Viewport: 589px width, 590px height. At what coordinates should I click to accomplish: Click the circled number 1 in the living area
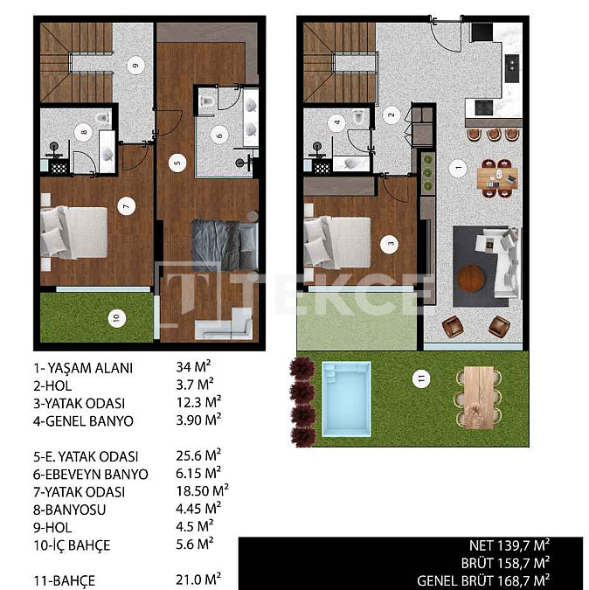[x=458, y=168]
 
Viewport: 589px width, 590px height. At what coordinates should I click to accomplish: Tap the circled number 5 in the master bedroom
[x=177, y=163]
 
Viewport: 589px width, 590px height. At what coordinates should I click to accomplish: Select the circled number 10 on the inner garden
[x=116, y=318]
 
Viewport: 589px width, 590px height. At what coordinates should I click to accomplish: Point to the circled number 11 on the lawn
[x=421, y=378]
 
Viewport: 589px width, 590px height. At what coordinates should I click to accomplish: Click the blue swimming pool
[x=346, y=399]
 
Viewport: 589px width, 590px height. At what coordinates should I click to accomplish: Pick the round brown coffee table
[x=470, y=279]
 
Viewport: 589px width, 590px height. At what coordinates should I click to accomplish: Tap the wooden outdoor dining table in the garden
[x=479, y=398]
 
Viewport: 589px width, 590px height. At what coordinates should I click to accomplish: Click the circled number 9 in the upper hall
[x=135, y=65]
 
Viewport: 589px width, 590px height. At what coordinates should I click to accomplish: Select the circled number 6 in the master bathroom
[x=219, y=135]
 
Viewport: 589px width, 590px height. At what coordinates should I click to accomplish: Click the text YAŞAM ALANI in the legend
[x=89, y=368]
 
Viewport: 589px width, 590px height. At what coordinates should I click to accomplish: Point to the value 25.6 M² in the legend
[x=198, y=455]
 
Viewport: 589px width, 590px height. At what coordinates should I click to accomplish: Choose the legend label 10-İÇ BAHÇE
[x=72, y=545]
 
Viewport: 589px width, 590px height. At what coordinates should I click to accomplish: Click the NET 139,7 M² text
[x=509, y=545]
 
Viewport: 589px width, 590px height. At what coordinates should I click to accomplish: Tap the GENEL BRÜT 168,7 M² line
[x=483, y=580]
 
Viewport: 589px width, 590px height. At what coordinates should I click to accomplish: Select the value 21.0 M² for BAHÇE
[x=198, y=580]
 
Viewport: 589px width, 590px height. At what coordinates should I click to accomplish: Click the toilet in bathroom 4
[x=359, y=116]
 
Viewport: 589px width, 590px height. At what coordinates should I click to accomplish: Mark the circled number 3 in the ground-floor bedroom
[x=389, y=244]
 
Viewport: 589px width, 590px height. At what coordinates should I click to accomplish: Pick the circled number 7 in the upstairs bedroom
[x=127, y=205]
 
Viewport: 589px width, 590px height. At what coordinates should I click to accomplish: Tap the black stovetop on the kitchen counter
[x=483, y=108]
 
